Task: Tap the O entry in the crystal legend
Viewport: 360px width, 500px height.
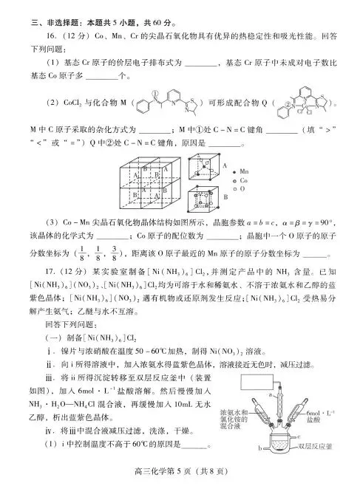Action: tap(241, 189)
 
